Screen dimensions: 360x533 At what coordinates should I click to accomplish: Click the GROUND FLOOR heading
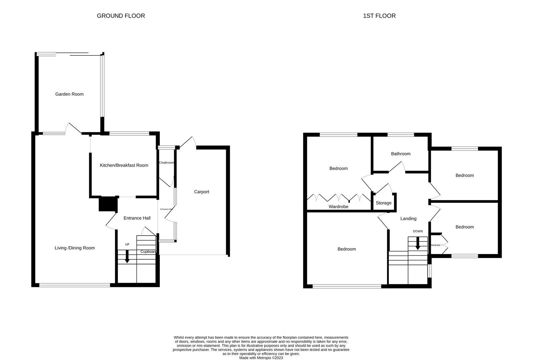pos(121,16)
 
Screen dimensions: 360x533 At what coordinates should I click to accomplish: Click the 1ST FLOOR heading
pos(379,16)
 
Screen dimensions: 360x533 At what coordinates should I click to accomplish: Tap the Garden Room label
pos(69,94)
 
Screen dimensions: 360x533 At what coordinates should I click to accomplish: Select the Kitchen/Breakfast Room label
pos(124,165)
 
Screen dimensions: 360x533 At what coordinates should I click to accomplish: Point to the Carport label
pos(202,192)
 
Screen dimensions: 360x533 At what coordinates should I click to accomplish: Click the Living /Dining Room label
pos(75,248)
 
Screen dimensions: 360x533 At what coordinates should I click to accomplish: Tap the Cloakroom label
pos(166,163)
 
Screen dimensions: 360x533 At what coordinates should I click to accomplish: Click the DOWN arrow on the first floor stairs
pos(418,245)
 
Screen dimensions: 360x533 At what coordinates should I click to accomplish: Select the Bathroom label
pos(400,154)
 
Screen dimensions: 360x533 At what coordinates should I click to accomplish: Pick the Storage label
pos(383,203)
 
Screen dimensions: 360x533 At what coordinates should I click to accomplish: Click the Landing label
pos(408,219)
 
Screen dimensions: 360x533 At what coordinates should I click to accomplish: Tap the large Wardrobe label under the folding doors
pos(338,207)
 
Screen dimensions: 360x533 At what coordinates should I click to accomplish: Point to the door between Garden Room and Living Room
pos(74,129)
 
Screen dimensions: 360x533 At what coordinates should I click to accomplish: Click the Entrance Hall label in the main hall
pos(137,218)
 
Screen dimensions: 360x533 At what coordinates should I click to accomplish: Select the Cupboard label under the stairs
pos(148,252)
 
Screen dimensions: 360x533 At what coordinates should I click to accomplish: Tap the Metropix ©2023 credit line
pos(261,358)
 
